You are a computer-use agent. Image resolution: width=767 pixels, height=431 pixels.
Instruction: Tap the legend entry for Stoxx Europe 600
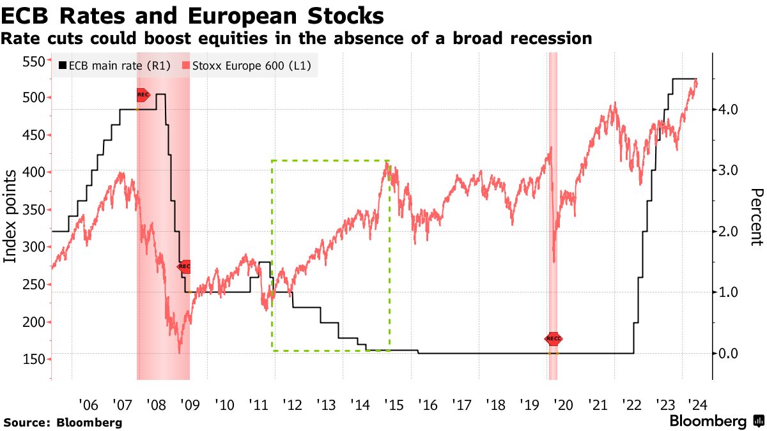point(246,65)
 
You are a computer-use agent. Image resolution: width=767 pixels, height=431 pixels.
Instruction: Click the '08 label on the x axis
point(156,405)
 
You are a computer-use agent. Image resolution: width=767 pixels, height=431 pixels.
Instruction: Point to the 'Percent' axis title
point(757,217)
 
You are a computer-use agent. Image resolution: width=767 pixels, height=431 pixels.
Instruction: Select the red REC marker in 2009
point(184,266)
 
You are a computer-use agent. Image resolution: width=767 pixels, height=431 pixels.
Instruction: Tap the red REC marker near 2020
point(554,338)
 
